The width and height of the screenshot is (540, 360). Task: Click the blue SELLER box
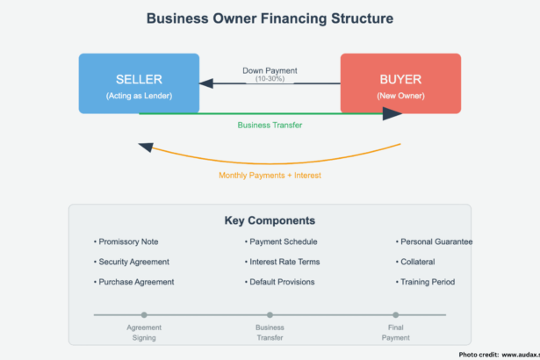coord(138,83)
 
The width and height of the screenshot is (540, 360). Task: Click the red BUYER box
coord(400,83)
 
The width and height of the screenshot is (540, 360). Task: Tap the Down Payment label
coord(270,71)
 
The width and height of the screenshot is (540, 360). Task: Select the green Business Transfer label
coord(270,125)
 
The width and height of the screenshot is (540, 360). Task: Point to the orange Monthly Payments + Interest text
coord(270,175)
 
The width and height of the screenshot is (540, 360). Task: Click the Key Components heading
coord(270,220)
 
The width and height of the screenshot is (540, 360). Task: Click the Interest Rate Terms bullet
coord(284,262)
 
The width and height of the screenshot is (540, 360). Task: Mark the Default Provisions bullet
coord(282,282)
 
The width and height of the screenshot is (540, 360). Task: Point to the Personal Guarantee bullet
coord(435,241)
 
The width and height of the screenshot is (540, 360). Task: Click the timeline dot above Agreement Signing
coord(144,314)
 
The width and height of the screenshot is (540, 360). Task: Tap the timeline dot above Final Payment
coord(396,314)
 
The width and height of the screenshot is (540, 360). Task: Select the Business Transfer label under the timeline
coord(270,332)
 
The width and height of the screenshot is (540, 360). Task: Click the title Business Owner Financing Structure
coord(270,18)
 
